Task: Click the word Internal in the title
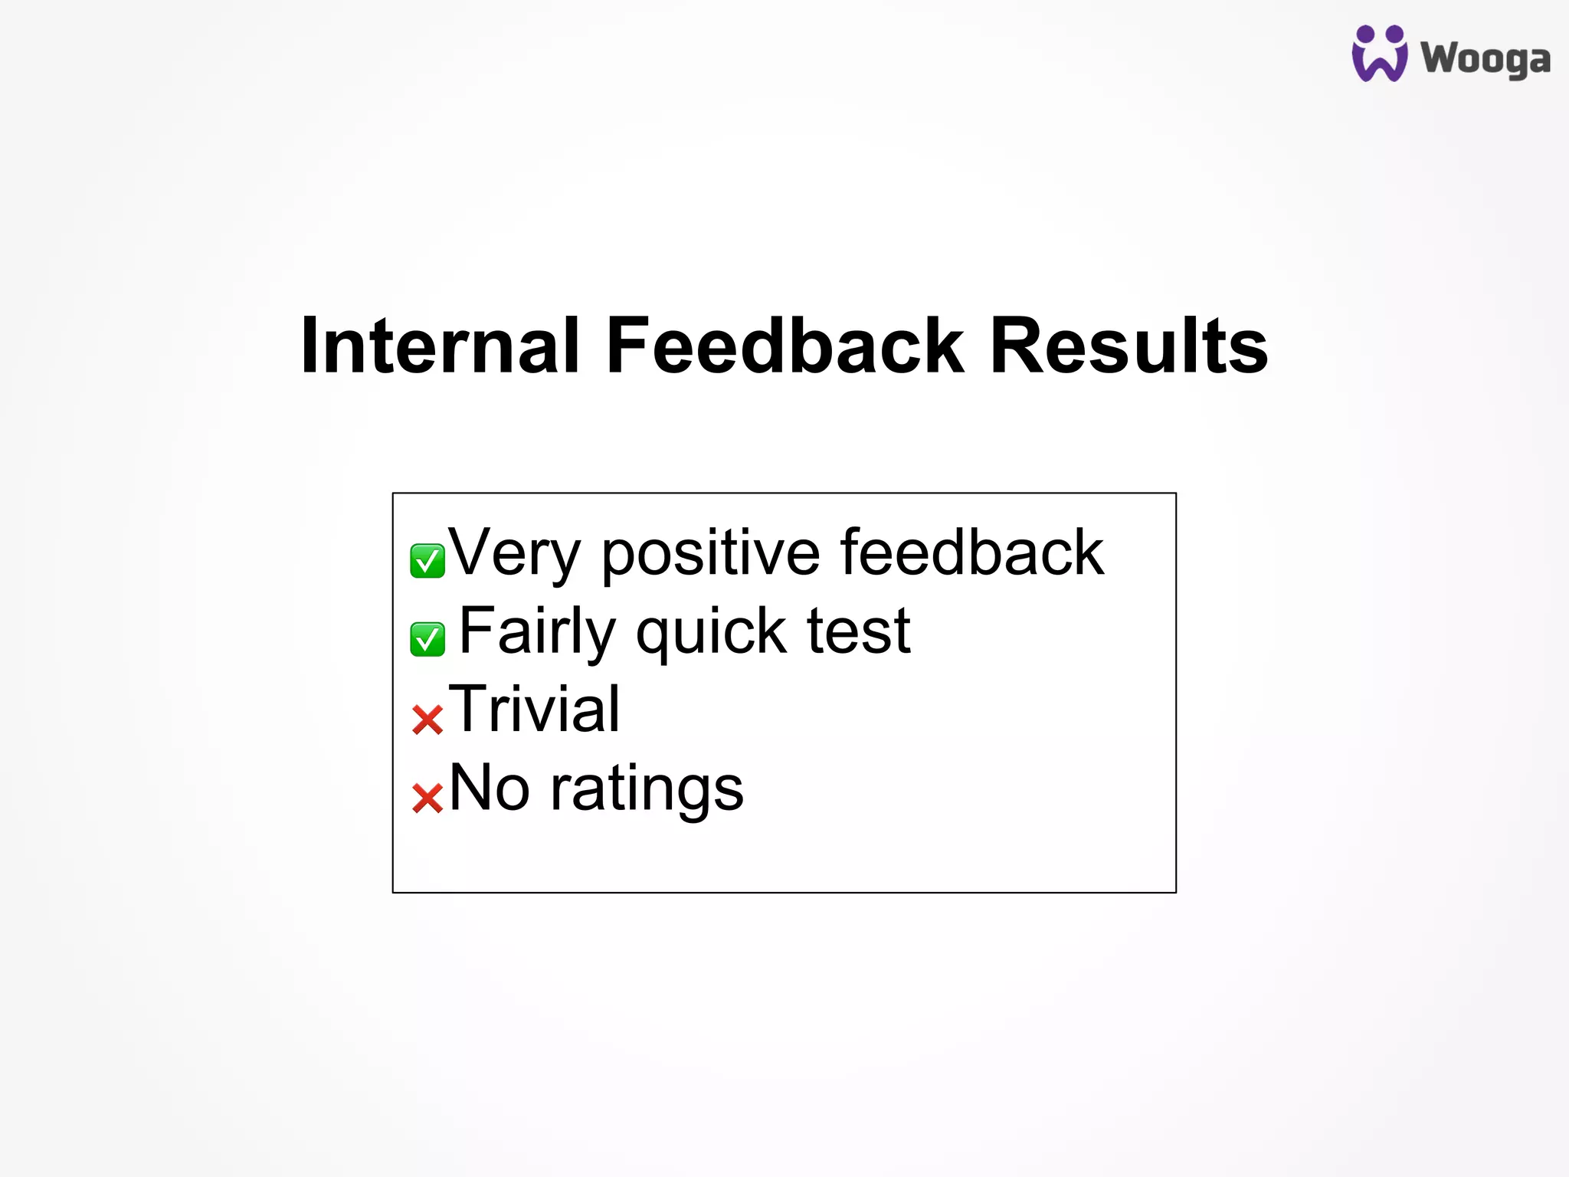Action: [440, 346]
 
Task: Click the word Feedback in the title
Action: [784, 346]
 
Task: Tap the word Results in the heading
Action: [1128, 346]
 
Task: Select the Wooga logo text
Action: [1485, 58]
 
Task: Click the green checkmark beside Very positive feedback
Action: [427, 561]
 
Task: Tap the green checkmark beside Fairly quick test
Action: [427, 639]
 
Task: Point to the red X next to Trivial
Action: [427, 720]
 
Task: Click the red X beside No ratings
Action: [427, 798]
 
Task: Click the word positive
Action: [710, 553]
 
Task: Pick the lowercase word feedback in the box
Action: [971, 553]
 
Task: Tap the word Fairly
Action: [537, 631]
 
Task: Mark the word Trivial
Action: [534, 710]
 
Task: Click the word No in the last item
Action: [489, 788]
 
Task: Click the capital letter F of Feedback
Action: [630, 346]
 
